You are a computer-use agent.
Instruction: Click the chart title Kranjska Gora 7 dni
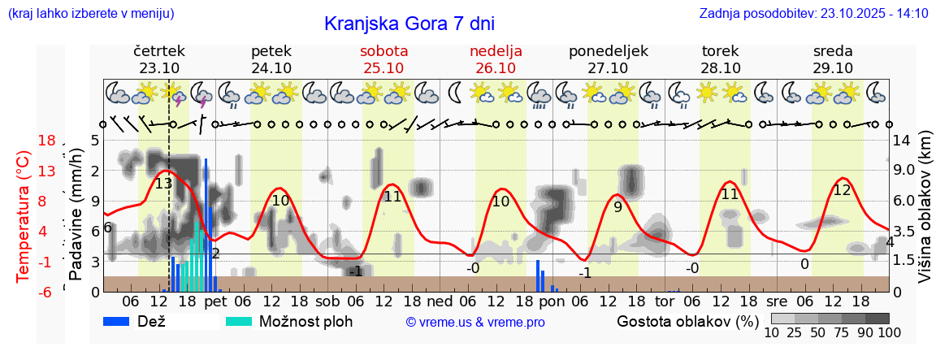coord(409,24)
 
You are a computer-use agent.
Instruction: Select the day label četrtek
coord(159,51)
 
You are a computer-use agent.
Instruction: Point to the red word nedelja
coord(496,51)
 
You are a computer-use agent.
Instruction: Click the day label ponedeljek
coord(608,51)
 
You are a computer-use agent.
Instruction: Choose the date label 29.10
coord(832,68)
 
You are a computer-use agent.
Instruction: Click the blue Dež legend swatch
coord(122,321)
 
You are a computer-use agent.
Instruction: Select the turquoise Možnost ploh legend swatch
coord(238,321)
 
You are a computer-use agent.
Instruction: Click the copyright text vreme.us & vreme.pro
coord(475,323)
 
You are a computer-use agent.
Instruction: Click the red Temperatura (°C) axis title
coord(24,215)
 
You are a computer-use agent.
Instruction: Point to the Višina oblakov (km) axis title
coord(924,215)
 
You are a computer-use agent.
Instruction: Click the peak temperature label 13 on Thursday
coord(163,184)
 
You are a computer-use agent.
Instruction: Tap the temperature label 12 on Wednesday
coord(842,190)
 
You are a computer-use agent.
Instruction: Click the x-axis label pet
coord(215,301)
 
